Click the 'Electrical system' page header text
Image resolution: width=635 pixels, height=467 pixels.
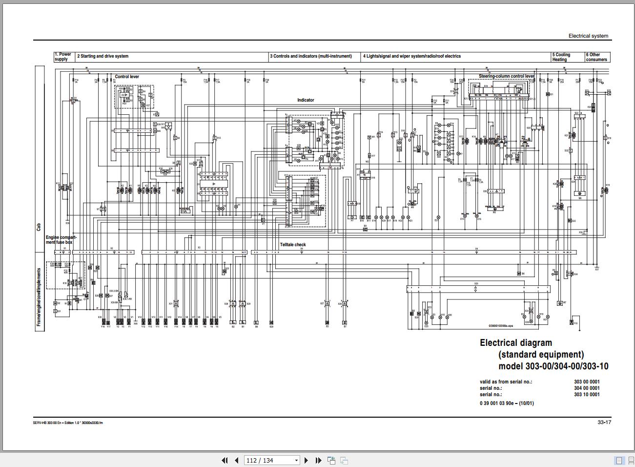click(x=588, y=36)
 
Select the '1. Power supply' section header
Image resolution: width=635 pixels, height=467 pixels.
click(x=62, y=57)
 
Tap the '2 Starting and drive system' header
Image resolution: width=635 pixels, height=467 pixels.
click(x=102, y=56)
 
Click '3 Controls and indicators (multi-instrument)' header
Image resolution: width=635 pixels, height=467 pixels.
click(x=310, y=56)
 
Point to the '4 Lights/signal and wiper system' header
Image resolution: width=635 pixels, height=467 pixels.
click(x=411, y=56)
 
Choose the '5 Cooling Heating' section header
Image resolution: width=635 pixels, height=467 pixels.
click(x=561, y=57)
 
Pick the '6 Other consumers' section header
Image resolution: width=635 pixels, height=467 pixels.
click(x=596, y=57)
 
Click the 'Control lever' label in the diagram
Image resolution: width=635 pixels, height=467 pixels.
click(x=127, y=77)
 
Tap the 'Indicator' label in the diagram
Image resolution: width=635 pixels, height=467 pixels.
click(x=306, y=100)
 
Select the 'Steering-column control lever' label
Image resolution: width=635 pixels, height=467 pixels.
click(x=506, y=76)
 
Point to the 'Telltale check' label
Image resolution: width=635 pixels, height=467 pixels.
click(x=293, y=245)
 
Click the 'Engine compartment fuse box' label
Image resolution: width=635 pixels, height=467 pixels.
click(x=61, y=240)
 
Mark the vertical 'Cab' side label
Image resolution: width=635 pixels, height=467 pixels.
click(x=39, y=227)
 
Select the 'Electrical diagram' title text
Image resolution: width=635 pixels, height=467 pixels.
click(x=516, y=343)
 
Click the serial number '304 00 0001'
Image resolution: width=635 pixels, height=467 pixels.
click(x=587, y=388)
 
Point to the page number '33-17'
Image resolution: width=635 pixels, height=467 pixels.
click(x=604, y=423)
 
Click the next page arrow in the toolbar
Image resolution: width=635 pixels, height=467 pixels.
click(x=306, y=460)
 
